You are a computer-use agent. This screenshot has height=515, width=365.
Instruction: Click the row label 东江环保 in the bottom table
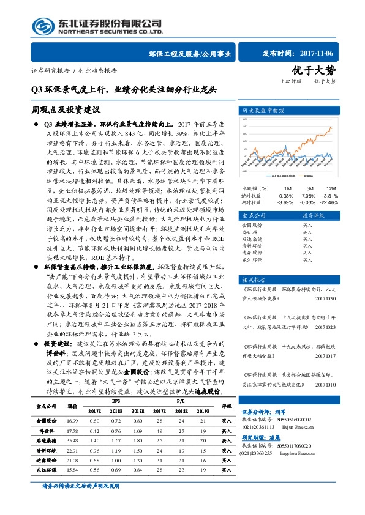(x=46, y=469)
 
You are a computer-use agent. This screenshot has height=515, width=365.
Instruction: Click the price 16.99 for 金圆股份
(x=72, y=421)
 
